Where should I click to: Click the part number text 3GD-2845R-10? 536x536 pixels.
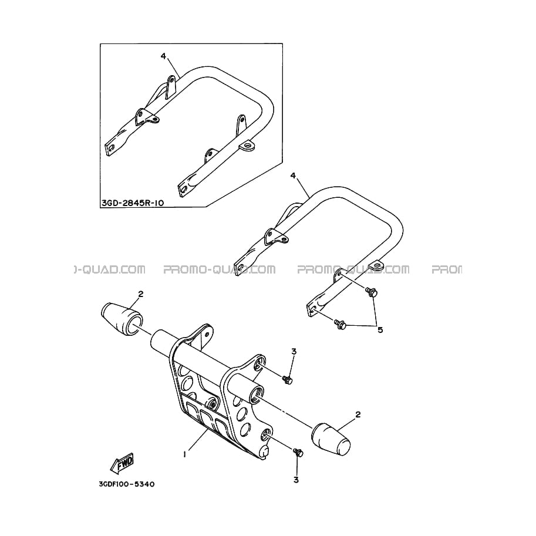(x=133, y=203)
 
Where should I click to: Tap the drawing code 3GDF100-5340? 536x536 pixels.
(x=126, y=484)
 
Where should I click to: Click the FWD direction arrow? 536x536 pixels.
(x=122, y=463)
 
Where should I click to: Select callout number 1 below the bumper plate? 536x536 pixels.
(x=184, y=454)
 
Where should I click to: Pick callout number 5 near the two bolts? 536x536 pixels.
(x=380, y=330)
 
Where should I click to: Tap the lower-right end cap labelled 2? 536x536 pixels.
(x=331, y=439)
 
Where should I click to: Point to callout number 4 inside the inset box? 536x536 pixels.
(x=163, y=56)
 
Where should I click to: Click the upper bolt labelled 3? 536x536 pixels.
(x=287, y=379)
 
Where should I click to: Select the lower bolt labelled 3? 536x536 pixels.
(x=298, y=452)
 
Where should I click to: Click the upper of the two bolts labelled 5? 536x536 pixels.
(x=371, y=292)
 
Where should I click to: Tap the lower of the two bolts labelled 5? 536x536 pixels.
(x=340, y=323)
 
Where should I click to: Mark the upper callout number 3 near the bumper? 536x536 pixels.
(x=294, y=352)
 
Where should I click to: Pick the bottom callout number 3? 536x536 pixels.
(x=296, y=480)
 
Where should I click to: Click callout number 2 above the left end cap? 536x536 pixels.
(x=140, y=294)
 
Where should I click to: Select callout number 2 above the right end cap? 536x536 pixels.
(x=358, y=414)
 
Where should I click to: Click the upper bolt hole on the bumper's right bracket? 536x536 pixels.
(x=259, y=365)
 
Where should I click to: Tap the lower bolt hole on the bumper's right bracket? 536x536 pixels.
(x=265, y=436)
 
